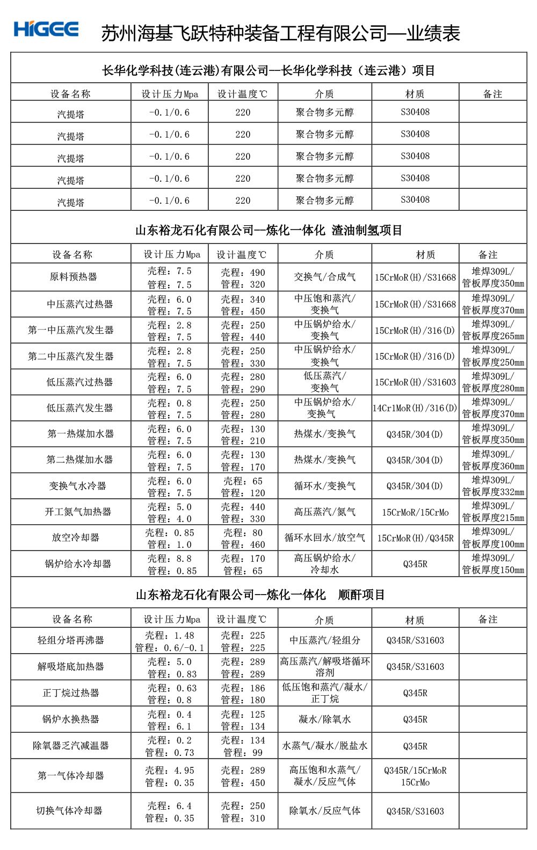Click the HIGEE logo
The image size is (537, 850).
pyautogui.click(x=47, y=29)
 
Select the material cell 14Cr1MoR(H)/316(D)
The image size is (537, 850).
pyautogui.click(x=415, y=408)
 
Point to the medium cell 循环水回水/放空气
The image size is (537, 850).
pyautogui.click(x=324, y=538)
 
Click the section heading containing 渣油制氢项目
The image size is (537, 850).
pyautogui.click(x=268, y=231)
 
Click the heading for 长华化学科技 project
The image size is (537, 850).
pyautogui.click(x=268, y=70)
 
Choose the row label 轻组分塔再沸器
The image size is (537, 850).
pyautogui.click(x=71, y=640)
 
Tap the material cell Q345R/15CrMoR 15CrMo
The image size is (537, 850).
pyautogui.click(x=415, y=776)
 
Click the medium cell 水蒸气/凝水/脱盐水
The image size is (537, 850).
pyautogui.click(x=325, y=746)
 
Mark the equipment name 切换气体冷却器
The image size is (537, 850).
pyautogui.click(x=70, y=811)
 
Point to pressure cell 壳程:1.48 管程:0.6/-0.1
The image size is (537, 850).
pyautogui.click(x=170, y=641)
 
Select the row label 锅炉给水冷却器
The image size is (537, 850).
pyautogui.click(x=78, y=564)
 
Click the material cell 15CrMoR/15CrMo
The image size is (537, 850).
pyautogui.click(x=415, y=512)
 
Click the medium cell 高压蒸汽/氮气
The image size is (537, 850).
pyautogui.click(x=324, y=512)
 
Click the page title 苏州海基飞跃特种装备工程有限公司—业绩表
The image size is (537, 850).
pyautogui.click(x=281, y=33)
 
